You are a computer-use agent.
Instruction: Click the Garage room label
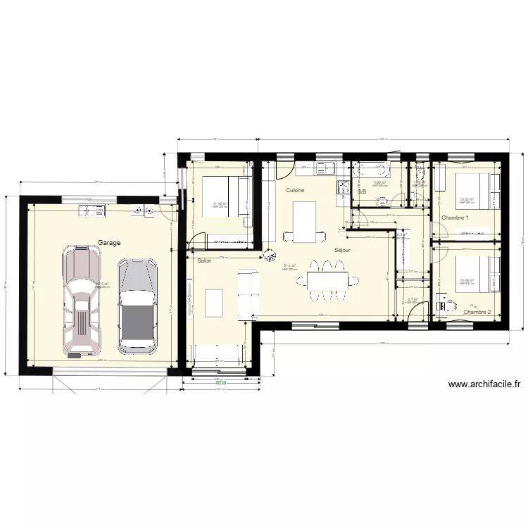[x=109, y=241]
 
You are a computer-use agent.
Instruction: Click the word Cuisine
[x=295, y=191]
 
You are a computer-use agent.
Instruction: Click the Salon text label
[x=204, y=260]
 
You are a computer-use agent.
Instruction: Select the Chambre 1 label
[x=455, y=218]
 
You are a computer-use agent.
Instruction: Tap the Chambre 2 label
[x=477, y=312]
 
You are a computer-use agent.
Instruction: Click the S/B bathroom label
[x=362, y=191]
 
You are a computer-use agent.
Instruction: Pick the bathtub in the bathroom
[x=370, y=170]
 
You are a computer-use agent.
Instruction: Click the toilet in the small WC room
[x=420, y=173]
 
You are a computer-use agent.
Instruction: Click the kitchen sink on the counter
[x=326, y=169]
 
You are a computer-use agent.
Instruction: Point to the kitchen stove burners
[x=344, y=187]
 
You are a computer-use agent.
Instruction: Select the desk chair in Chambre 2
[x=451, y=306]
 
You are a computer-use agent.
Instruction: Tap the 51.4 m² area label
[x=289, y=266]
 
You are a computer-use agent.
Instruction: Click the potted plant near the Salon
[x=268, y=256]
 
